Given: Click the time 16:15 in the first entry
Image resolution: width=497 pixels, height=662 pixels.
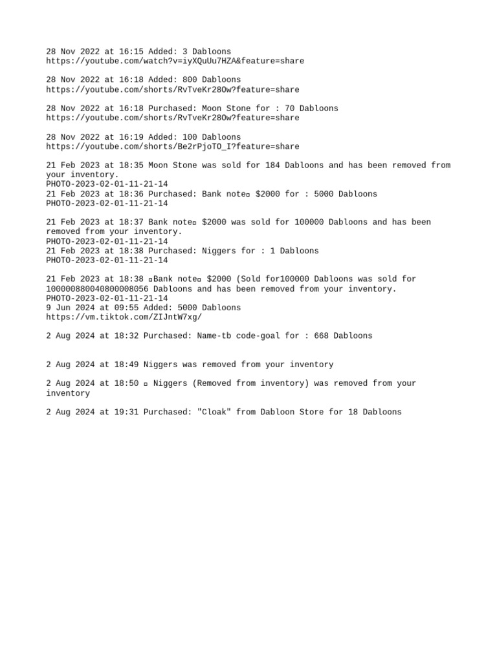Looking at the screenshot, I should tap(133, 52).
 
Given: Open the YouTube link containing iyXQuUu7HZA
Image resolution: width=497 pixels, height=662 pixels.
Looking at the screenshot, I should tap(175, 61).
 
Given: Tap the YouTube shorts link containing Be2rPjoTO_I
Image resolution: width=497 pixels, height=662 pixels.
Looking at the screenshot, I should tap(172, 147).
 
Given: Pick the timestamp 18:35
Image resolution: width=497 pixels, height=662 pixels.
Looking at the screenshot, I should tap(133, 165).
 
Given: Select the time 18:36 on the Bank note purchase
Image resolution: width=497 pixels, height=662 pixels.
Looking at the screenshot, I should tap(133, 194).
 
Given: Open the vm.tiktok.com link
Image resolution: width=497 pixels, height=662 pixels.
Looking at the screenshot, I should tap(124, 317).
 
